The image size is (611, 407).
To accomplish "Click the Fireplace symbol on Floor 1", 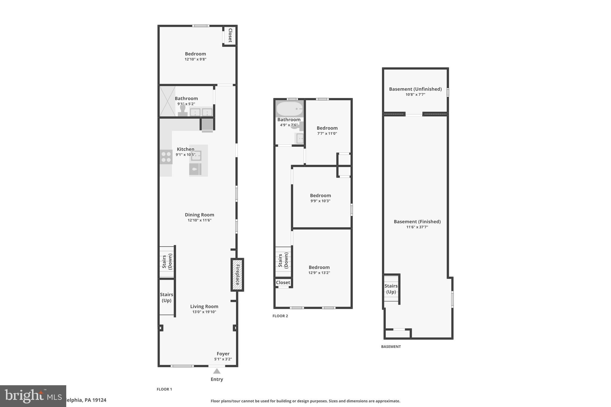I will point(237,275).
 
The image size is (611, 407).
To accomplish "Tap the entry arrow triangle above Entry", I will point(217,371).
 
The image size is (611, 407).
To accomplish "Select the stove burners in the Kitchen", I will point(166,157).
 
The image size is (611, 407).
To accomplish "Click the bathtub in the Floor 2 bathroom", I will point(289,109).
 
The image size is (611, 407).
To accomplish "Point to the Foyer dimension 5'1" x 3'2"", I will point(223,359).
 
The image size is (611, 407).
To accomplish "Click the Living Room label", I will point(204,307).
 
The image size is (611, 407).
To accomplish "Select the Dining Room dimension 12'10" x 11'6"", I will point(199,220).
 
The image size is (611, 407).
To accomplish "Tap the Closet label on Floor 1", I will point(230,35).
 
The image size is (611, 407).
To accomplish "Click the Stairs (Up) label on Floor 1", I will point(166,297).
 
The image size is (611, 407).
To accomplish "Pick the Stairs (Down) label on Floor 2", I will point(283,260).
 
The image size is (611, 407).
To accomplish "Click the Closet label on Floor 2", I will point(283,282).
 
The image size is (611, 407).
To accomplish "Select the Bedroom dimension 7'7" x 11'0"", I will point(327,134).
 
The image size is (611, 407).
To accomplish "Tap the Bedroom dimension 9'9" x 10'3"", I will point(320,201).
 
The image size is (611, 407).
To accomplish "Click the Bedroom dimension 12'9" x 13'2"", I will point(319,273).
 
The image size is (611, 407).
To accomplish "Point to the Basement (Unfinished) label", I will point(415,89).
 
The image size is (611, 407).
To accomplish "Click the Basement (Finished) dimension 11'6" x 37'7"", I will point(417,227).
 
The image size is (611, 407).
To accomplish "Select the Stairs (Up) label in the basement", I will point(391,289).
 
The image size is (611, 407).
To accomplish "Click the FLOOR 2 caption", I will point(280,316).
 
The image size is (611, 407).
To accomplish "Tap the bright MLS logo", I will point(33,396).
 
